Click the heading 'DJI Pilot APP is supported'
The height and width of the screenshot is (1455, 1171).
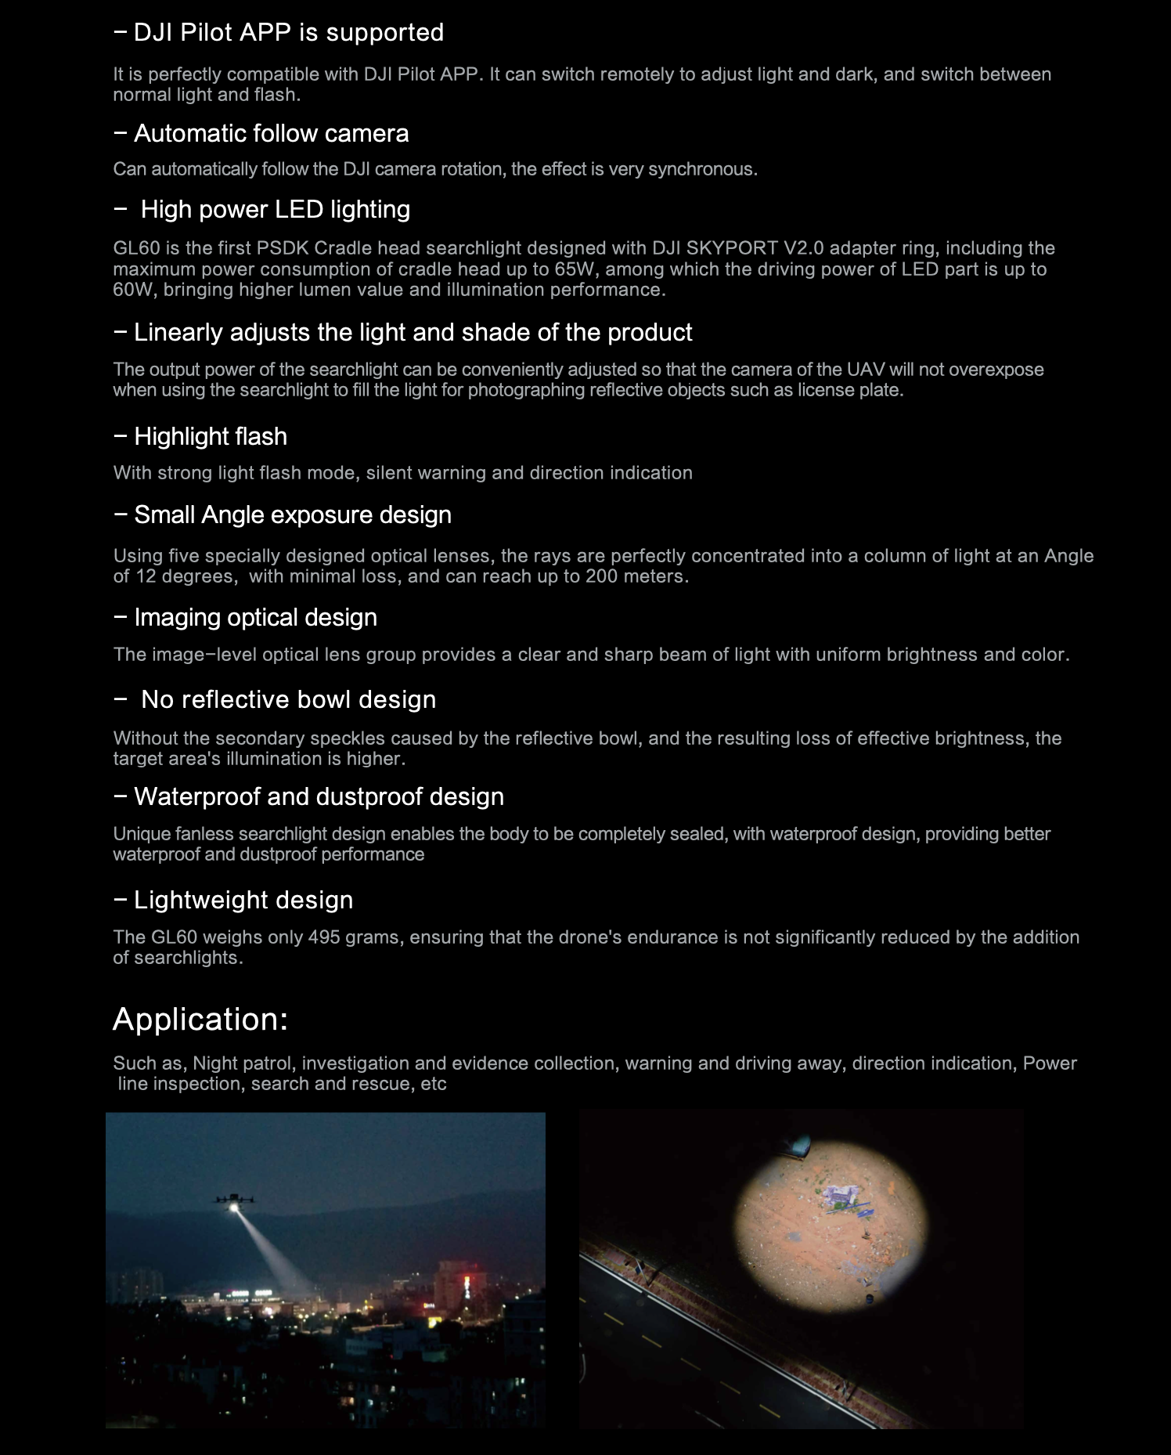tap(288, 33)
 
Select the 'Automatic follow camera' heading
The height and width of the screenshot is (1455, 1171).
tap(271, 134)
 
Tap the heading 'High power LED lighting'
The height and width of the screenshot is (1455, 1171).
tap(275, 210)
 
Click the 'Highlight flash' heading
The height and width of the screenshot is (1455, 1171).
tap(210, 437)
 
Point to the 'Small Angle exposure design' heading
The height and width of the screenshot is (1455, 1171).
tap(292, 515)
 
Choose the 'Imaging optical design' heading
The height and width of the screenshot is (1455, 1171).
tap(255, 618)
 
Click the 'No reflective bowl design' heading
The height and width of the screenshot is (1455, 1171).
tap(288, 700)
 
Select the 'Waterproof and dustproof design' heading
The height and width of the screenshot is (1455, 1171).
tap(319, 797)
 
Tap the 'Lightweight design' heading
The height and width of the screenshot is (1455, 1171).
tap(243, 901)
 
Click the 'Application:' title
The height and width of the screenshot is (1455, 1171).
tap(200, 1020)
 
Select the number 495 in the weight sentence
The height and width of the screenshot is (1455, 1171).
tap(323, 937)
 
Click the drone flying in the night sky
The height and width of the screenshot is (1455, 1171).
tap(233, 1200)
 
